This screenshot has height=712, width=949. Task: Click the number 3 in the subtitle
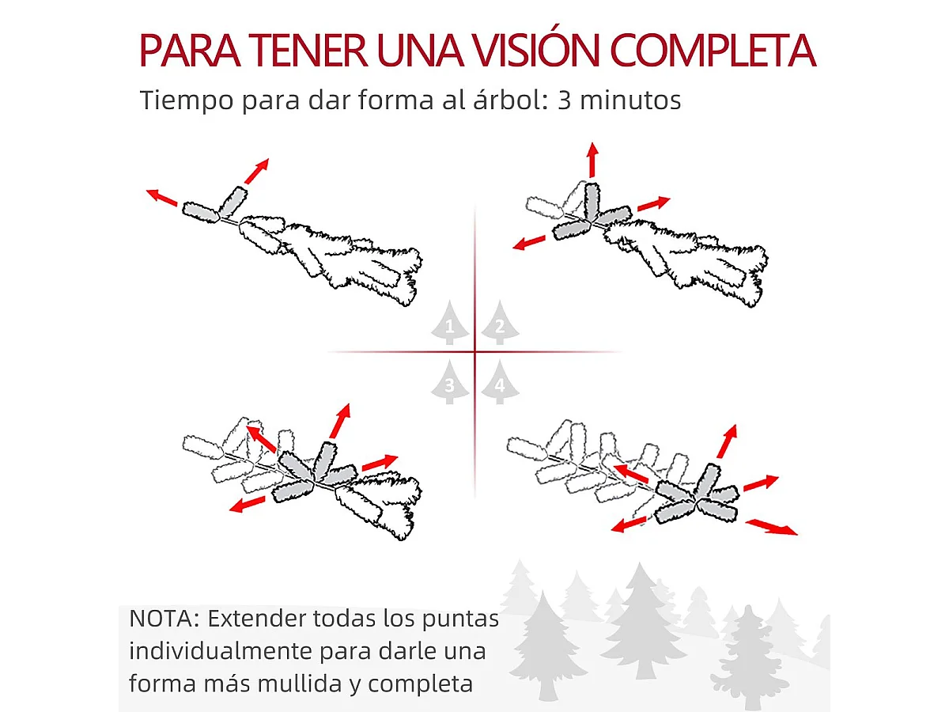[x=565, y=101]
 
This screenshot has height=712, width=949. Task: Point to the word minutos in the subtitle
[x=632, y=101]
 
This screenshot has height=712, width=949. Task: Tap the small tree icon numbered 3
[x=450, y=384]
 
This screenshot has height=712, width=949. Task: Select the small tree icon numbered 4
[x=499, y=384]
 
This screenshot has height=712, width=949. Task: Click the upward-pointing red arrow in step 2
[x=592, y=160]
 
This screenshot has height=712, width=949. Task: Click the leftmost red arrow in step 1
[x=161, y=197]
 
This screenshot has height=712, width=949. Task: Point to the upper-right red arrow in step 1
[x=256, y=170]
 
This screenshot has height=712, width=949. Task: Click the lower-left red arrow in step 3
[x=247, y=504]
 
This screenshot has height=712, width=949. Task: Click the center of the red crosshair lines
[x=475, y=352]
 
